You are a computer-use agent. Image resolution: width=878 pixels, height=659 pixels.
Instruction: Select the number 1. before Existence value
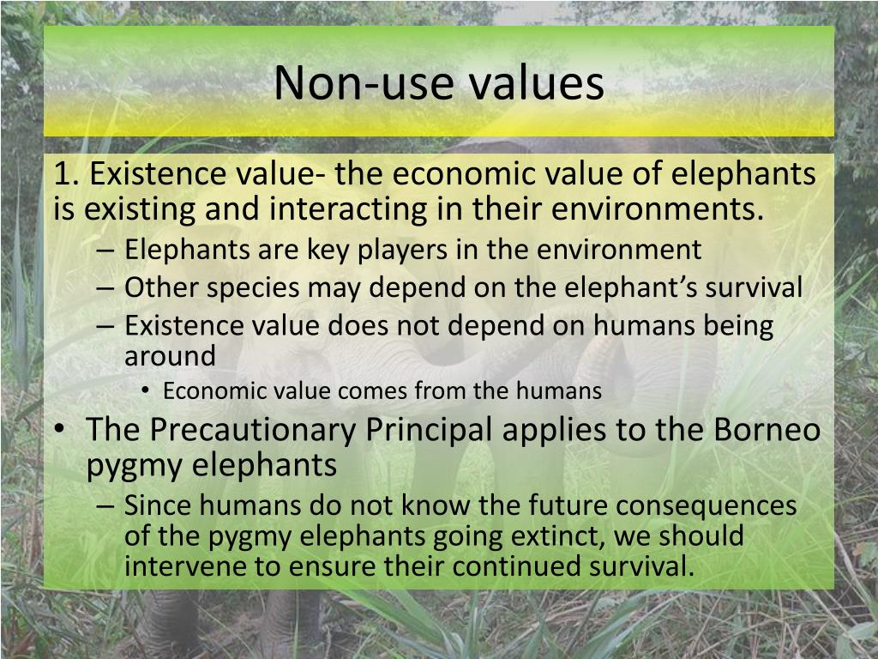tap(68, 174)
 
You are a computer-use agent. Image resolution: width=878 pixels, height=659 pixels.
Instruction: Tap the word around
tap(170, 354)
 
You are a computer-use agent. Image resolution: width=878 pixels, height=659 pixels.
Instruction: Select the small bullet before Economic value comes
tap(148, 392)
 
